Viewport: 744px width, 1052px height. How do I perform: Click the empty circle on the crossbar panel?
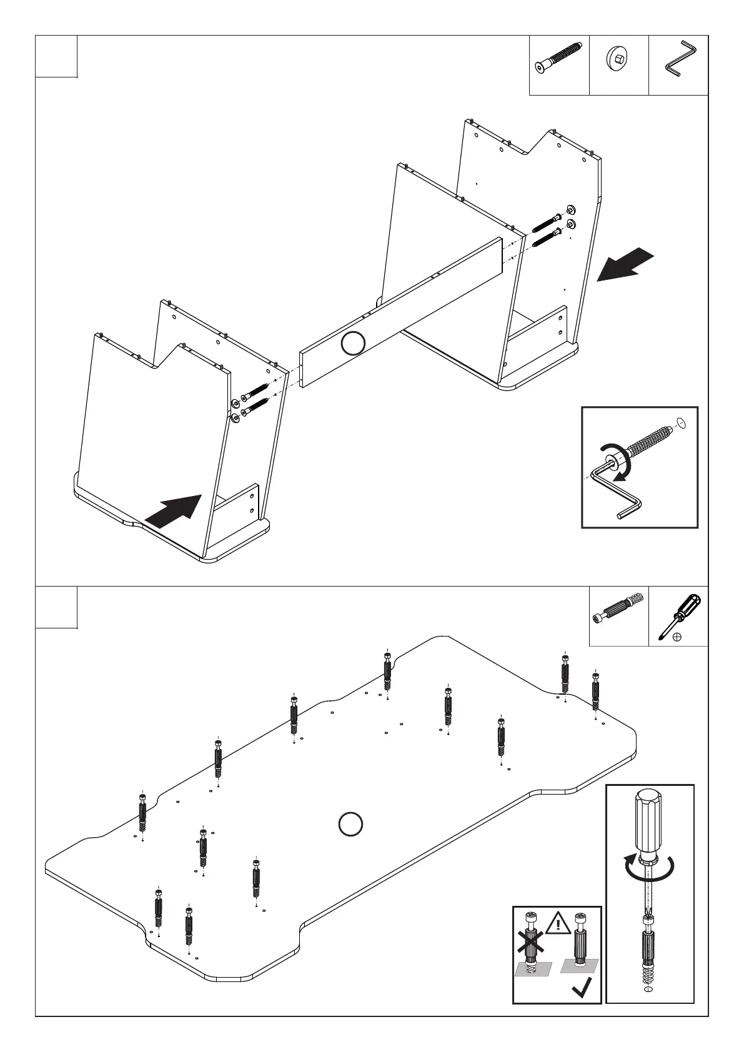[354, 344]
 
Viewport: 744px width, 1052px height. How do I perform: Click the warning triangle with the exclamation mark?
[558, 925]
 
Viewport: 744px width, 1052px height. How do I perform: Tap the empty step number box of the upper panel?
[56, 57]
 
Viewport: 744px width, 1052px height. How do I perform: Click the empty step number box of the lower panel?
[56, 607]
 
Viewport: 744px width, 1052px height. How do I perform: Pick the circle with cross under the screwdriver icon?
[677, 638]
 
